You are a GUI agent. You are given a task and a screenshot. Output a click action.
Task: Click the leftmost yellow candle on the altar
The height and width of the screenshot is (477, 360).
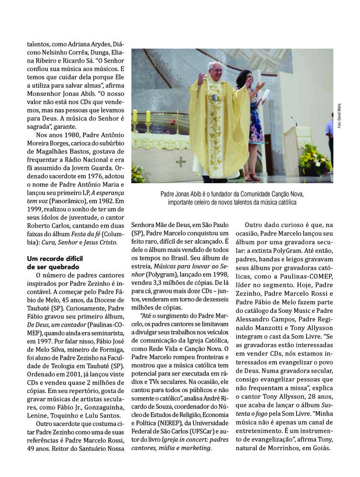(135, 116)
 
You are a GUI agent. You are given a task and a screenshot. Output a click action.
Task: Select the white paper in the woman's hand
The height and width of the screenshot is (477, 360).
(265, 93)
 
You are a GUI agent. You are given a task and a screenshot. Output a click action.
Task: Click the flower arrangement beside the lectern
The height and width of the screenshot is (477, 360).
(315, 161)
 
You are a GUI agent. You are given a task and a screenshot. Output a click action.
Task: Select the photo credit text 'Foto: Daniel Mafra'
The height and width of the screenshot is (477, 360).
(339, 115)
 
